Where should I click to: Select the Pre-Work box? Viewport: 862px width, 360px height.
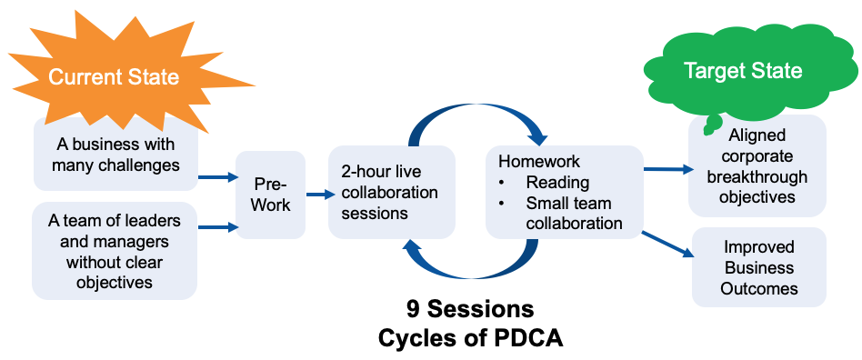pyautogui.click(x=270, y=195)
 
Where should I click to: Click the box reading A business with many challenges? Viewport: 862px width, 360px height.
pyautogui.click(x=115, y=155)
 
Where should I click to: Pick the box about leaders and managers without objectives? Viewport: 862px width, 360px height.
pyautogui.click(x=115, y=251)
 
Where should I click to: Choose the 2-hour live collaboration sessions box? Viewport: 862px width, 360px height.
pyautogui.click(x=391, y=193)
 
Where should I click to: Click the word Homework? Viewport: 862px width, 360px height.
pyautogui.click(x=538, y=162)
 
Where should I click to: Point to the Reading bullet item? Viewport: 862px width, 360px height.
pyautogui.click(x=557, y=183)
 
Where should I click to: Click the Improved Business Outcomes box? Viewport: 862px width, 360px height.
pyautogui.click(x=758, y=267)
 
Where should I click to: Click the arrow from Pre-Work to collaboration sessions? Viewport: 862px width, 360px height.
pyautogui.click(x=320, y=194)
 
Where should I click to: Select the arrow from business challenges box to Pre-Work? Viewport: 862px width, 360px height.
pyautogui.click(x=216, y=177)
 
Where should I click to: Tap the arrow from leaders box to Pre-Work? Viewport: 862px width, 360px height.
pyautogui.click(x=216, y=226)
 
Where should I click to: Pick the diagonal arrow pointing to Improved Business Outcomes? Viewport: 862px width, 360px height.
pyautogui.click(x=667, y=244)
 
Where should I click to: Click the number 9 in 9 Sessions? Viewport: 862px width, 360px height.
pyautogui.click(x=413, y=310)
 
